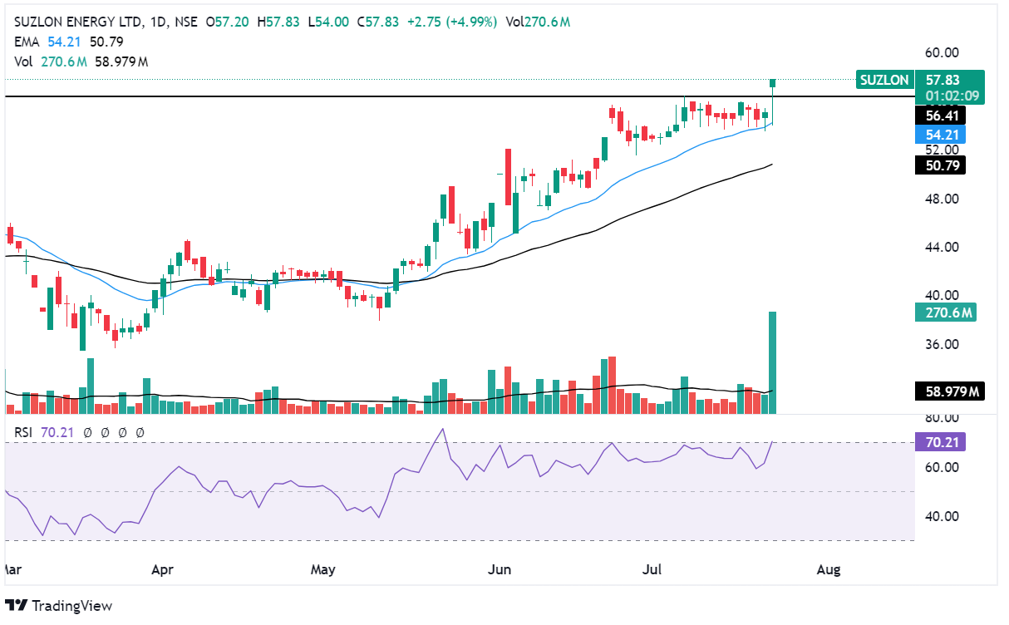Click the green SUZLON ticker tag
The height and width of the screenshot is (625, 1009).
[x=884, y=80]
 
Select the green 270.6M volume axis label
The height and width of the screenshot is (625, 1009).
[x=943, y=312]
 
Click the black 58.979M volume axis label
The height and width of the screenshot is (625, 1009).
[x=947, y=391]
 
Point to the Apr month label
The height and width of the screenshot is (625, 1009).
[x=163, y=569]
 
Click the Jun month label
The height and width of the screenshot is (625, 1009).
[x=500, y=569]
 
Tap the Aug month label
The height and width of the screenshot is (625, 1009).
[x=829, y=569]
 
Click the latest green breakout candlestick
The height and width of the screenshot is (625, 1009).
[x=773, y=82]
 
